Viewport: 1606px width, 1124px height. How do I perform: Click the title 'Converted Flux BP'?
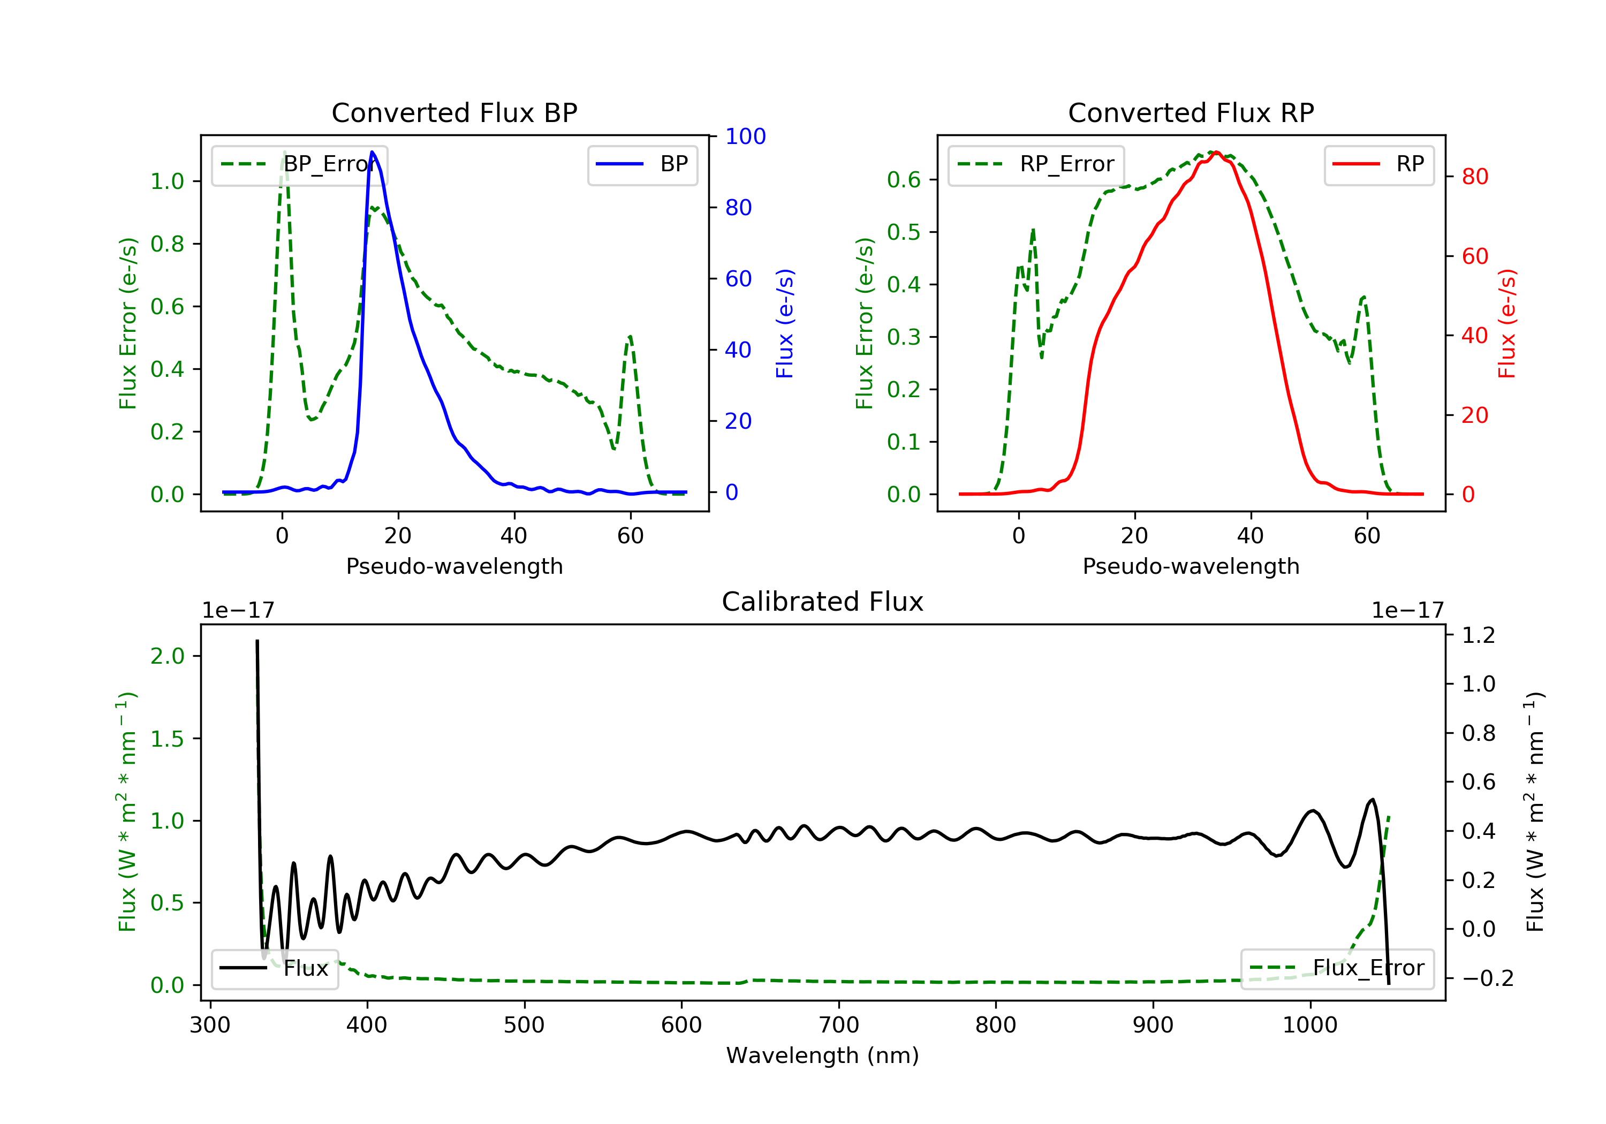(x=454, y=112)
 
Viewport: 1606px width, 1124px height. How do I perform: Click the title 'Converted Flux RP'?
(x=1191, y=112)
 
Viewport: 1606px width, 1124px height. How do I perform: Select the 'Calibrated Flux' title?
(x=823, y=602)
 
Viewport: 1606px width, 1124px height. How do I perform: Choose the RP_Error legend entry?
(x=1036, y=164)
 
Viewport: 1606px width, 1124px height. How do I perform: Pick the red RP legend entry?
(x=1378, y=164)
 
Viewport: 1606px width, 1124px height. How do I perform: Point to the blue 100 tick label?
(x=746, y=136)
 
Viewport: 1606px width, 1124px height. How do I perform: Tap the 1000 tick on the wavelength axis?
(x=1310, y=1026)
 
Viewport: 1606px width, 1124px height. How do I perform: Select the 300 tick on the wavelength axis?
(x=210, y=1026)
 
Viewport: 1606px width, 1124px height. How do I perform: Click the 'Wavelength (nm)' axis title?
(x=823, y=1055)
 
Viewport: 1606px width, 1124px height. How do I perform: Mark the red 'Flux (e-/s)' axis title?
(x=1506, y=323)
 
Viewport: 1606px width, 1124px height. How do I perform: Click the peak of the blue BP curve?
(x=372, y=152)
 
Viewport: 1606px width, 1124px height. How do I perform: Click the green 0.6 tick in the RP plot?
(x=904, y=180)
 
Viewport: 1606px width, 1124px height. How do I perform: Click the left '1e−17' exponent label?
(x=238, y=611)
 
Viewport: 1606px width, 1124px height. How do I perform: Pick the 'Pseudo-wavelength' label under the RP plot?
(x=1191, y=566)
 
